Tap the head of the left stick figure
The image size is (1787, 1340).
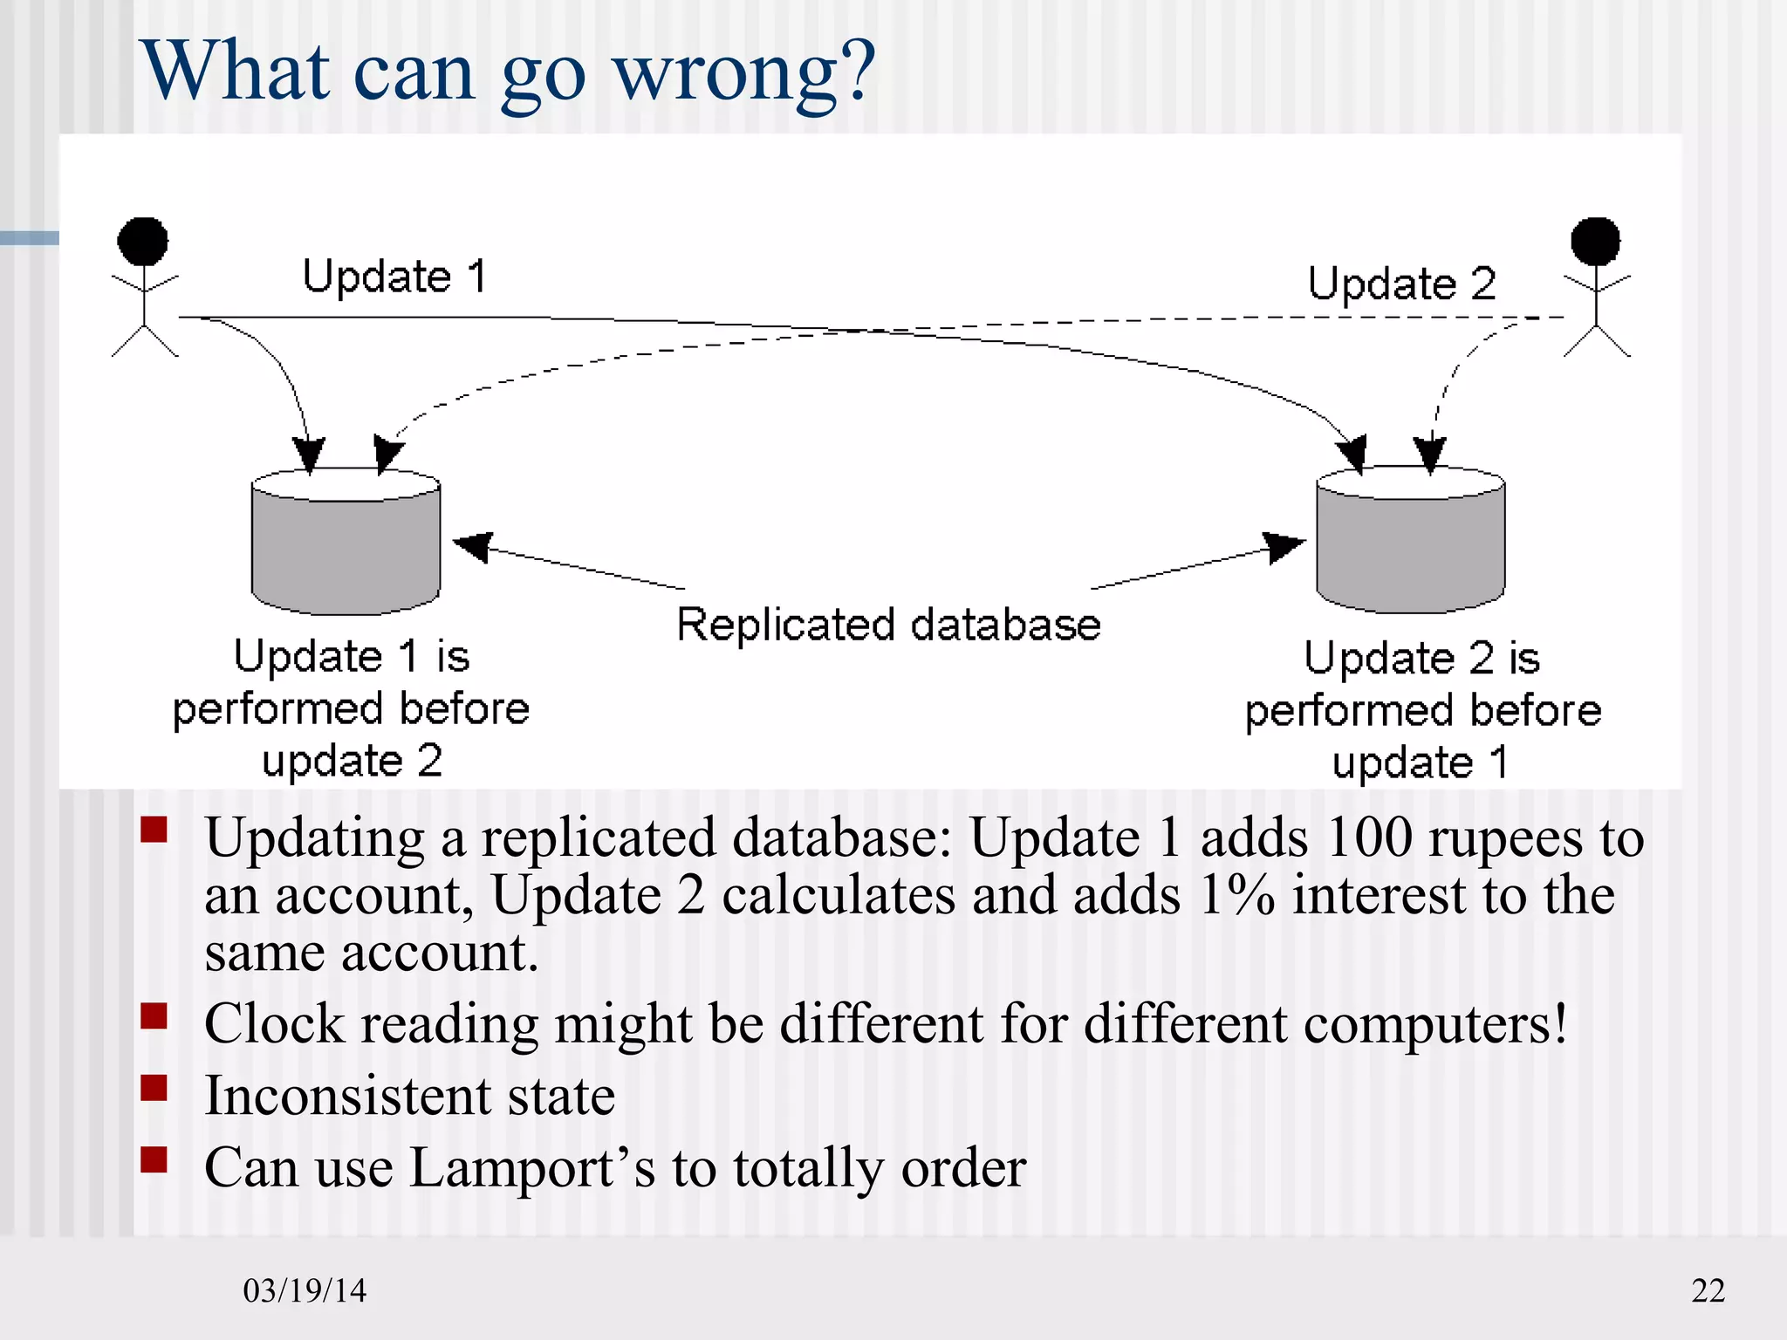[143, 241]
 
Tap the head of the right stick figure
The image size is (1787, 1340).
[1595, 241]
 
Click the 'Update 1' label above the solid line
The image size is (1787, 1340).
[394, 277]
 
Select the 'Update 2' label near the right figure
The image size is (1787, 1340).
[1401, 284]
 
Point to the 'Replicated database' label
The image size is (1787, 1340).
[888, 625]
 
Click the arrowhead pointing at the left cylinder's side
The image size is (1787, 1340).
[474, 546]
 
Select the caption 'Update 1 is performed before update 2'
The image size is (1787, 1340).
[352, 708]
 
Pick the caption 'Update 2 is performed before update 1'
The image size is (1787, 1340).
[1422, 710]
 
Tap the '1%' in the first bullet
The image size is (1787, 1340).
[1236, 895]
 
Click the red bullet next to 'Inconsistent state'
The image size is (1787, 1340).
[154, 1088]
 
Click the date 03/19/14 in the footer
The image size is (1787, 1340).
[305, 1290]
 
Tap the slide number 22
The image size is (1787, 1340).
[1708, 1290]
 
